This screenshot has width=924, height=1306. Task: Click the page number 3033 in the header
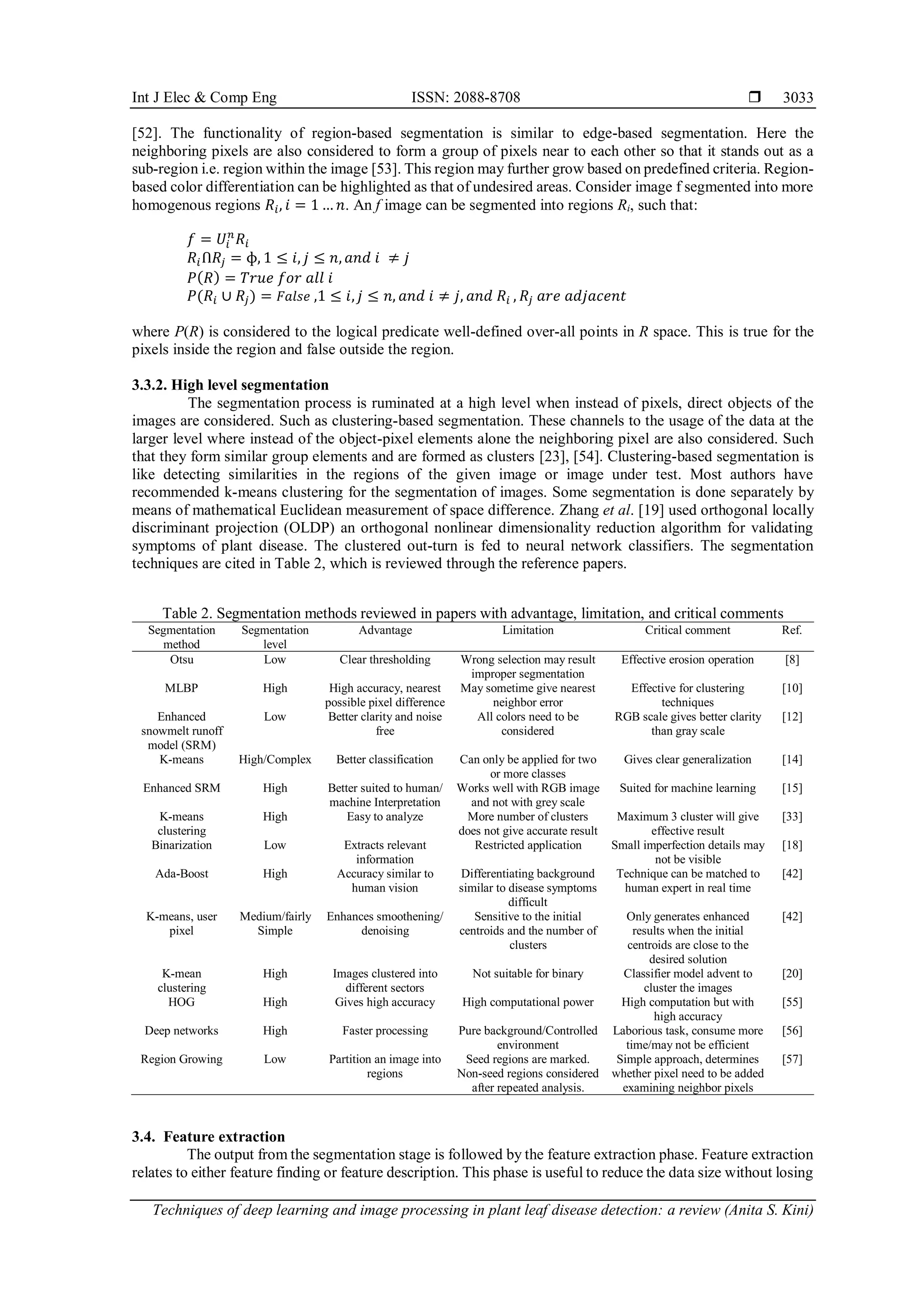coord(798,98)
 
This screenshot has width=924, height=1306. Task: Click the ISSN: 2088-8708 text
coord(466,98)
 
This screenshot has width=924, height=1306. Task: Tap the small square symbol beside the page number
coord(754,97)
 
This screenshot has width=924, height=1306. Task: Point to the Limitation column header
coord(527,630)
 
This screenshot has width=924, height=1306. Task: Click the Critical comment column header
coord(687,630)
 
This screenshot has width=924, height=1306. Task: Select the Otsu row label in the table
coord(181,660)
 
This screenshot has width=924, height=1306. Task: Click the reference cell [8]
coord(791,660)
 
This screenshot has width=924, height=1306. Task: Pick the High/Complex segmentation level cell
coord(275,760)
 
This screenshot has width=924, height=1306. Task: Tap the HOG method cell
coord(181,1002)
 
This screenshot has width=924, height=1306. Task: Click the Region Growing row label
coord(181,1059)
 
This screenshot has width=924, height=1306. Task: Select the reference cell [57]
coord(791,1059)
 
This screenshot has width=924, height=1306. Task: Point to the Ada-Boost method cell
coord(181,874)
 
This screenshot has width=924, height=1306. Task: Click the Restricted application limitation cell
coord(527,845)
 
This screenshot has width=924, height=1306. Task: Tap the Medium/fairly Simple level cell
coord(275,923)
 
